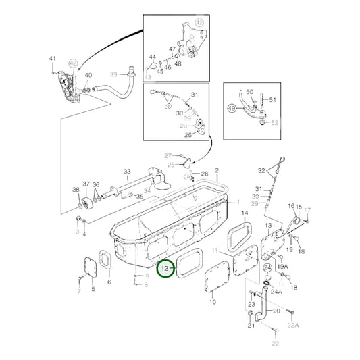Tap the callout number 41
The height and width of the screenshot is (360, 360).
52,61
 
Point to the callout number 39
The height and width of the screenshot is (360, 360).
113,74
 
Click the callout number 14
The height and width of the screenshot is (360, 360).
244,213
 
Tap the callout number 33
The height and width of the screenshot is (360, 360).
126,172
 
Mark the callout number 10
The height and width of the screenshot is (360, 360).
212,301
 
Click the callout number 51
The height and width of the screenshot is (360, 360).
273,100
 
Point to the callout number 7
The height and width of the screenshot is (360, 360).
78,291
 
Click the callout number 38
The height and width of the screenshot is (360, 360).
75,190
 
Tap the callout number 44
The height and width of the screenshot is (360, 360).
152,57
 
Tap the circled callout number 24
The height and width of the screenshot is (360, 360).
267,268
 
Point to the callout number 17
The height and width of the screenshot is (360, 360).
307,210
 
